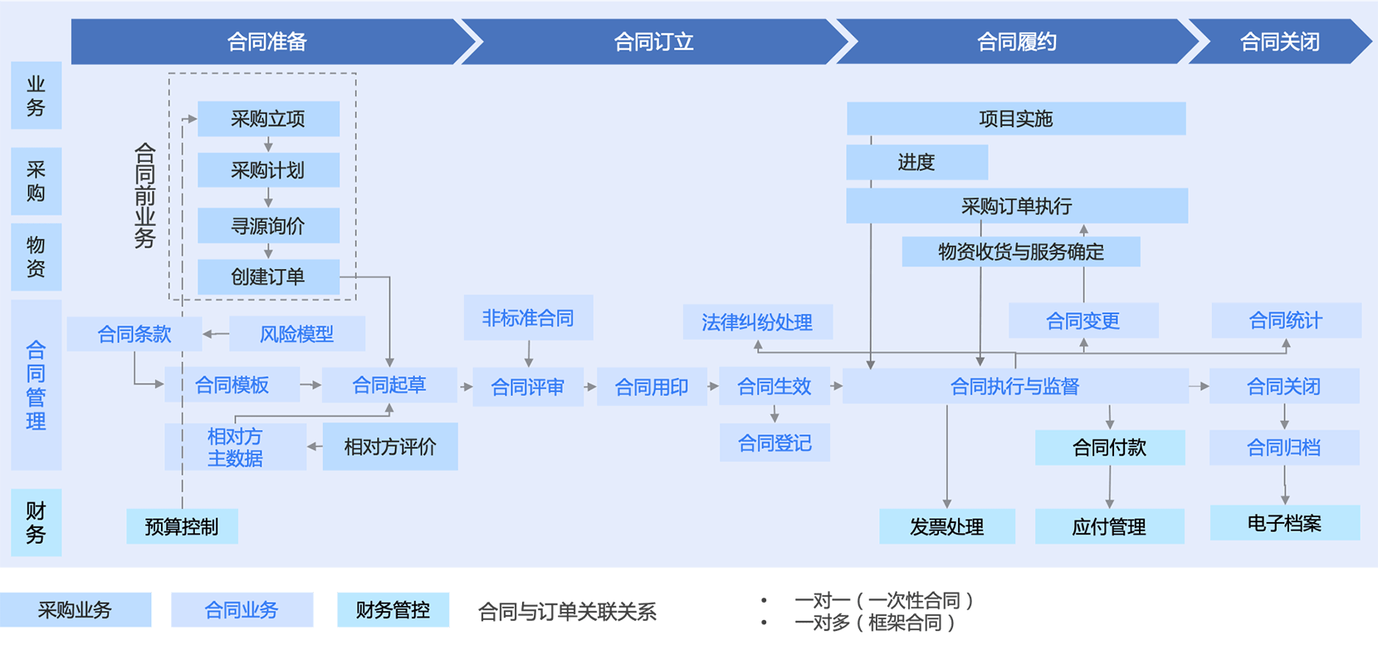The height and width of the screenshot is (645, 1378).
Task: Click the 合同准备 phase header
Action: pyautogui.click(x=267, y=42)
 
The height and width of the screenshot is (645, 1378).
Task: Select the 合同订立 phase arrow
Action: pyautogui.click(x=653, y=42)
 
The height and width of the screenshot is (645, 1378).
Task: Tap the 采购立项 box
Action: pyautogui.click(x=268, y=119)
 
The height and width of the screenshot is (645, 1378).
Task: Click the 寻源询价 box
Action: pyautogui.click(x=268, y=226)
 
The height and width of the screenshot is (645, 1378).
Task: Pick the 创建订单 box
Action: pyautogui.click(x=268, y=276)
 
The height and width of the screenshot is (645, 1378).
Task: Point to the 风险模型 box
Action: pyautogui.click(x=296, y=334)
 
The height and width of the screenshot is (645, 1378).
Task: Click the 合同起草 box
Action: pyautogui.click(x=389, y=385)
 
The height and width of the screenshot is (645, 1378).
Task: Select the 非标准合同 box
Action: pyautogui.click(x=528, y=318)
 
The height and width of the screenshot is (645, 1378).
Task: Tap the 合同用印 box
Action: pyautogui.click(x=652, y=387)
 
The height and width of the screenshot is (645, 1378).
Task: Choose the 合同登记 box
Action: pyautogui.click(x=775, y=443)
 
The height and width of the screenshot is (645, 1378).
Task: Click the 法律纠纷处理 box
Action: pyautogui.click(x=757, y=322)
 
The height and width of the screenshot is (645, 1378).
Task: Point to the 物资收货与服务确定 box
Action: pyautogui.click(x=1021, y=252)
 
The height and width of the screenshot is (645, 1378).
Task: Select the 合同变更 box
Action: pyautogui.click(x=1082, y=320)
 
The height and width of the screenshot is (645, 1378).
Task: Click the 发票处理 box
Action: pyautogui.click(x=946, y=526)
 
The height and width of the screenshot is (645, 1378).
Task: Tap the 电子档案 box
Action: pyautogui.click(x=1284, y=523)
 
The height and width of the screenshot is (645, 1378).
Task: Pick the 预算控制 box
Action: pyautogui.click(x=182, y=526)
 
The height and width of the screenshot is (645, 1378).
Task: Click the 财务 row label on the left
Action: pyautogui.click(x=36, y=522)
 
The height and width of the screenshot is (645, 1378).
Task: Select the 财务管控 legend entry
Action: pyautogui.click(x=393, y=610)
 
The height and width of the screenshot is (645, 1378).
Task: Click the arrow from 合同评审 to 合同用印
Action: pyautogui.click(x=590, y=387)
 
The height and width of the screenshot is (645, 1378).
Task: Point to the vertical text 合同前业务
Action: pyautogui.click(x=145, y=195)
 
